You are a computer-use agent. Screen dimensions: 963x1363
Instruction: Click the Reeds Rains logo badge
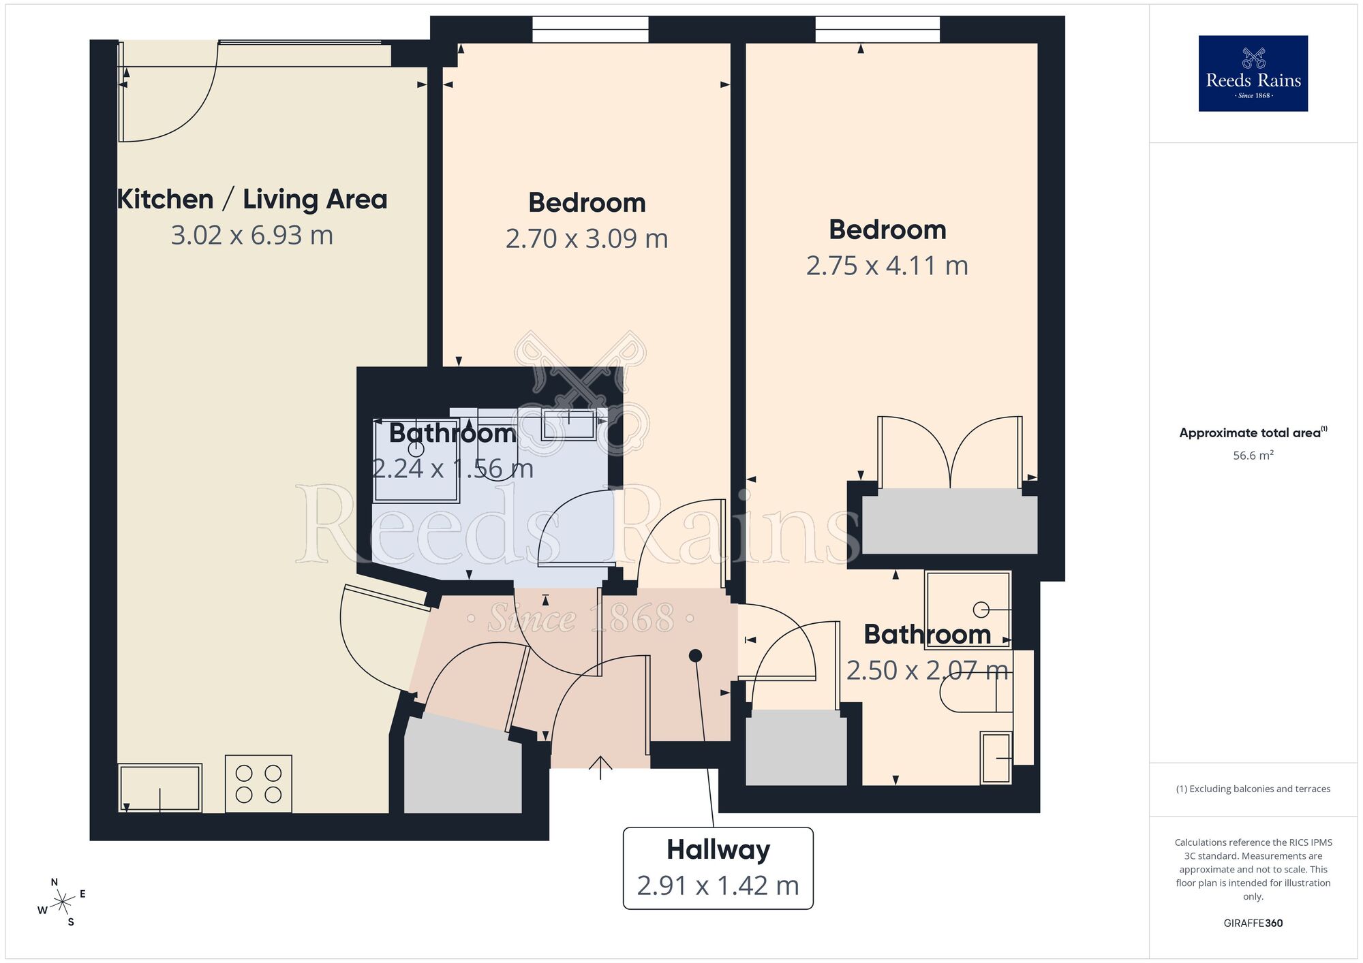click(x=1253, y=74)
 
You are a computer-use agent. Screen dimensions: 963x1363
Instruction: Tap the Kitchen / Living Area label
click(x=252, y=200)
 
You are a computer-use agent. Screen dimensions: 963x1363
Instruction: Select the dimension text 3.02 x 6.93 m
click(x=252, y=236)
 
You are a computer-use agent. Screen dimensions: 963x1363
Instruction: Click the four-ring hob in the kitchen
click(x=258, y=783)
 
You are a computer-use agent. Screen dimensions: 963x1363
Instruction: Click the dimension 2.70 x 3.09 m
click(x=587, y=239)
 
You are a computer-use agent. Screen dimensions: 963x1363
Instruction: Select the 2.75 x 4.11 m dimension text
click(x=887, y=266)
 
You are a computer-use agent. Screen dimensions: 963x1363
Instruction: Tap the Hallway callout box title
click(x=718, y=850)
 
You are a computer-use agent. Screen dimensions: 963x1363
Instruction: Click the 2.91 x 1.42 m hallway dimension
click(x=718, y=886)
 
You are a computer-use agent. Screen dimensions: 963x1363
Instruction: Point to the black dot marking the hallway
click(x=695, y=656)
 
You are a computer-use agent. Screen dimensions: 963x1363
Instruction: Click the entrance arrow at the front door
click(x=600, y=767)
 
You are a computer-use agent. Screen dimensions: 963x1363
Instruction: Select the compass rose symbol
click(x=63, y=903)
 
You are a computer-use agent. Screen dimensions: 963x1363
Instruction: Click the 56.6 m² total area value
click(x=1253, y=456)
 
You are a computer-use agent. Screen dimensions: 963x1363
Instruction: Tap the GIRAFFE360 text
click(x=1253, y=923)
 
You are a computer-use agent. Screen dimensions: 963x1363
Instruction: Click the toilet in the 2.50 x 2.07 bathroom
click(x=968, y=695)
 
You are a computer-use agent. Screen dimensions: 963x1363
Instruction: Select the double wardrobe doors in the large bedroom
click(x=949, y=453)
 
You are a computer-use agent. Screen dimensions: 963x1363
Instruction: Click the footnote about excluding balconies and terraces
click(x=1253, y=789)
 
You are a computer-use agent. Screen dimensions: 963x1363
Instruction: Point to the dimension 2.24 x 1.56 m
click(x=453, y=469)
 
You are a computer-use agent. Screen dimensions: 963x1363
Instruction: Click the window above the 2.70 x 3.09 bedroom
click(x=590, y=30)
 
